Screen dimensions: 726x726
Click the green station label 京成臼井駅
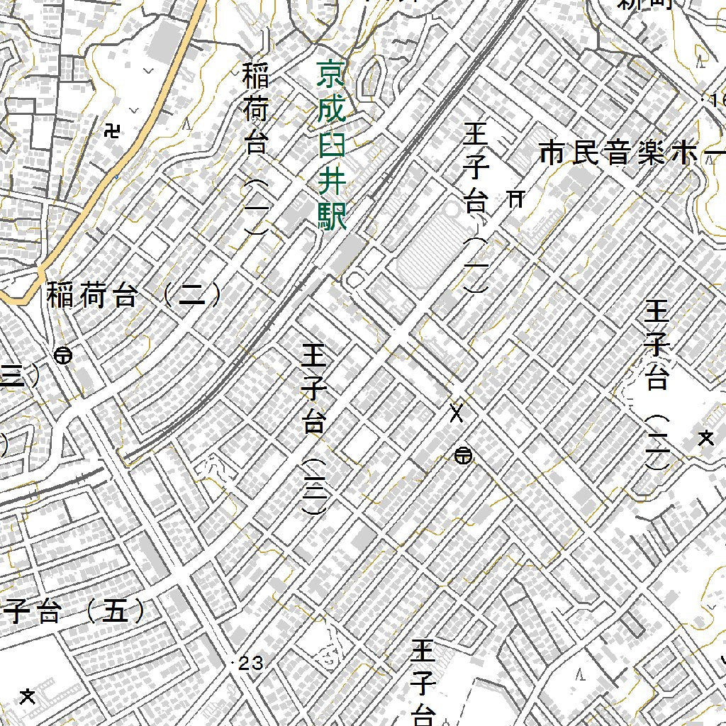click(331, 145)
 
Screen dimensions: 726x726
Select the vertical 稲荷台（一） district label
click(255, 149)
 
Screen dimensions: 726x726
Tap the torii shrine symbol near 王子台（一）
click(516, 199)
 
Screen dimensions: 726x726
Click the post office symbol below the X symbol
click(464, 456)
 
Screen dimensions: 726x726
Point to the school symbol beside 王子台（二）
click(705, 438)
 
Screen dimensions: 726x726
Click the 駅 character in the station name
click(332, 216)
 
